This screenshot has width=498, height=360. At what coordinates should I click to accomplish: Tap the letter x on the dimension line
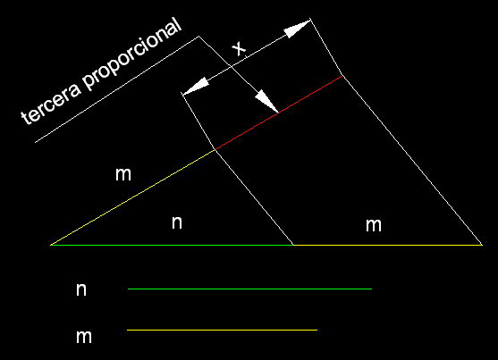239,48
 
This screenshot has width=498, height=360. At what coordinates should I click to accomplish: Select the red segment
279,113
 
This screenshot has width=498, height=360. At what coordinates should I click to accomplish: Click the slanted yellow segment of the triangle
132,197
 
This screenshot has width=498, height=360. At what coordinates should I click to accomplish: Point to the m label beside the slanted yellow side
123,174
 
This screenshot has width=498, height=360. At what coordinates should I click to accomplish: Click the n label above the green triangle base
177,222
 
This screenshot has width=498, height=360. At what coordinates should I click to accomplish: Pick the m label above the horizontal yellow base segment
374,225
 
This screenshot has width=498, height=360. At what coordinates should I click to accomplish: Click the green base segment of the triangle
172,245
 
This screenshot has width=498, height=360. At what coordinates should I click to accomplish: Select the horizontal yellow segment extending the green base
388,245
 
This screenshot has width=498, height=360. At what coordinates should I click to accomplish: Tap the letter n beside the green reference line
81,289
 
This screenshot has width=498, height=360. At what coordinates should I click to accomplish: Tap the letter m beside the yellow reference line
84,337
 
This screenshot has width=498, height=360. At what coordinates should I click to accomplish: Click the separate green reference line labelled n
249,289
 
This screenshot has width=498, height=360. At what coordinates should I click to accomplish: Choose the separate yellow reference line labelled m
222,331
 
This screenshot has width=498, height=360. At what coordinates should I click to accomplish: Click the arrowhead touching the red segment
267,101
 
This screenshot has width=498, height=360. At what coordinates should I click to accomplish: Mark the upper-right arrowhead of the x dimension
298,28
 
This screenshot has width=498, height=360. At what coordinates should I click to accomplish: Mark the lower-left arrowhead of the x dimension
195,86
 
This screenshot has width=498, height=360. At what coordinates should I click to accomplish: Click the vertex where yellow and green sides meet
50,245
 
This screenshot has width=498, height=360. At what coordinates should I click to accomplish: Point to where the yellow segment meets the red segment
215,149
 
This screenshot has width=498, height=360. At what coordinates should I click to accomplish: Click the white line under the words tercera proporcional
117,89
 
